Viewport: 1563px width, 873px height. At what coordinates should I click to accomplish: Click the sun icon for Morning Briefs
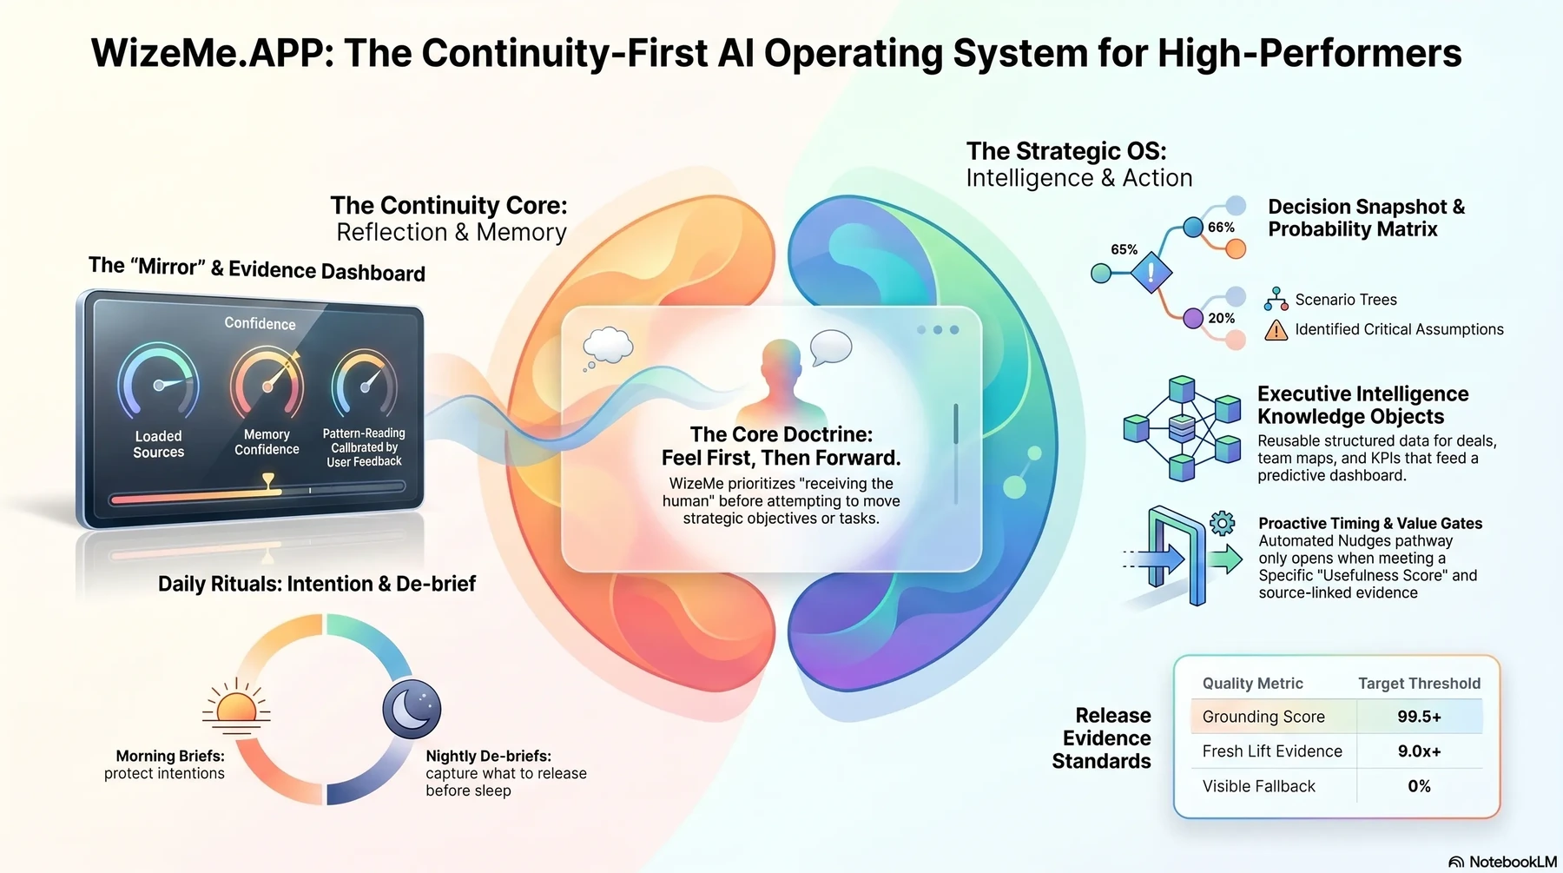point(236,706)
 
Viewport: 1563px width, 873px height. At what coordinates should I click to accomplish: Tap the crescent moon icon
point(412,709)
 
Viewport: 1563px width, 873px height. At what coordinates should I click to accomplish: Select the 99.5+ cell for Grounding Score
point(1419,717)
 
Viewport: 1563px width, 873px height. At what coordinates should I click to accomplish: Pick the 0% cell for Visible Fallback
point(1419,786)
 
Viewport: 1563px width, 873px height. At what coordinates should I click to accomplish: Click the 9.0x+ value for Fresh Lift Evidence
point(1419,751)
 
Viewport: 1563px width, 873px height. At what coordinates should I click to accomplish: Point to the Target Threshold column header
point(1419,684)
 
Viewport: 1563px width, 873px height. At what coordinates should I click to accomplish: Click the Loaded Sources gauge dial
point(158,381)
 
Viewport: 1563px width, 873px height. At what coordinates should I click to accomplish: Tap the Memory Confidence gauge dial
point(267,383)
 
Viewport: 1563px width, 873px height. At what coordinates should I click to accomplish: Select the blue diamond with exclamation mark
point(1151,273)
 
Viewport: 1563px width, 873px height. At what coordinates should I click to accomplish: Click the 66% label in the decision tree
point(1221,228)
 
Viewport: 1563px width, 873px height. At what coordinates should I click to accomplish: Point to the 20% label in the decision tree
point(1221,319)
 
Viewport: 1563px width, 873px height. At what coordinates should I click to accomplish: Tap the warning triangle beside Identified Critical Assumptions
point(1276,330)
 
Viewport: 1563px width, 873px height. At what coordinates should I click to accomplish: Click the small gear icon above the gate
point(1222,523)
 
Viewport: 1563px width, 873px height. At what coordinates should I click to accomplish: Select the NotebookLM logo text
point(1512,862)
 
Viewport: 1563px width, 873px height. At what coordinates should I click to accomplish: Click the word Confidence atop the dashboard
point(260,323)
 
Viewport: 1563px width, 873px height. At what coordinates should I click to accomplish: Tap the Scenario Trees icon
point(1276,299)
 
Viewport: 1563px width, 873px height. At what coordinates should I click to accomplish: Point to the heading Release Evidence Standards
point(1101,738)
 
